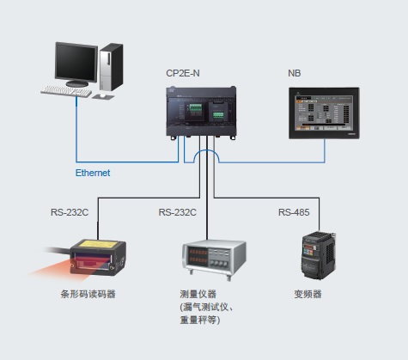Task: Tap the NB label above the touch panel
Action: [295, 74]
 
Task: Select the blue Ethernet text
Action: [93, 173]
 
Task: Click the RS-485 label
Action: [295, 212]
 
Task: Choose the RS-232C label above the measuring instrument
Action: [178, 212]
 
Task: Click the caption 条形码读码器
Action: [88, 295]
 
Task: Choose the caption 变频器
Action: [307, 295]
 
